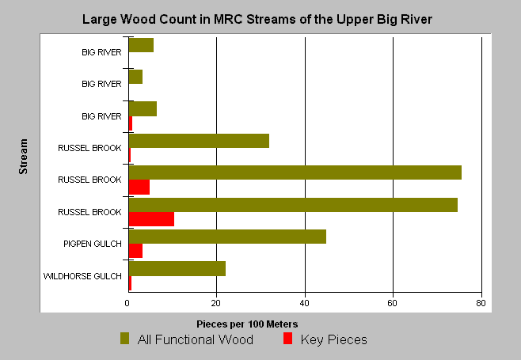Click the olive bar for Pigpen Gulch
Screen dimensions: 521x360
[x=227, y=237]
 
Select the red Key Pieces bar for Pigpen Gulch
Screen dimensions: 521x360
[x=135, y=251]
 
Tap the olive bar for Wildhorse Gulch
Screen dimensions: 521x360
[x=177, y=269]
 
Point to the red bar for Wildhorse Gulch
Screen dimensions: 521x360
[x=130, y=283]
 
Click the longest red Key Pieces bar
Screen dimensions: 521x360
[x=151, y=219]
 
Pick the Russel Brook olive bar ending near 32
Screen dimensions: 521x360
[x=199, y=141]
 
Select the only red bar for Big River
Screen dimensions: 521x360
[x=131, y=123]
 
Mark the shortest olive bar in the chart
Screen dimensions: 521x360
[x=135, y=77]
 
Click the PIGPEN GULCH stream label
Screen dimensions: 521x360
[x=93, y=244]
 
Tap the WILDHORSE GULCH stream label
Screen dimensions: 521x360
[x=82, y=276]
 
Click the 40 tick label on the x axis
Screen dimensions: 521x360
[x=304, y=303]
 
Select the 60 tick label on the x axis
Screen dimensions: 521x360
[x=393, y=303]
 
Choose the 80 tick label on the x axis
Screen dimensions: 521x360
[x=481, y=303]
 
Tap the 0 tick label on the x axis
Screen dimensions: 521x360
[x=127, y=303]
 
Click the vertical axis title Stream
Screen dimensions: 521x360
[x=23, y=157]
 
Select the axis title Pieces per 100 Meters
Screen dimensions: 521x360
[x=247, y=324]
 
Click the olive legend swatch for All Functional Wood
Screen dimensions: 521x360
[x=124, y=339]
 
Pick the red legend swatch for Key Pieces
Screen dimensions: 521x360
[x=287, y=339]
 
